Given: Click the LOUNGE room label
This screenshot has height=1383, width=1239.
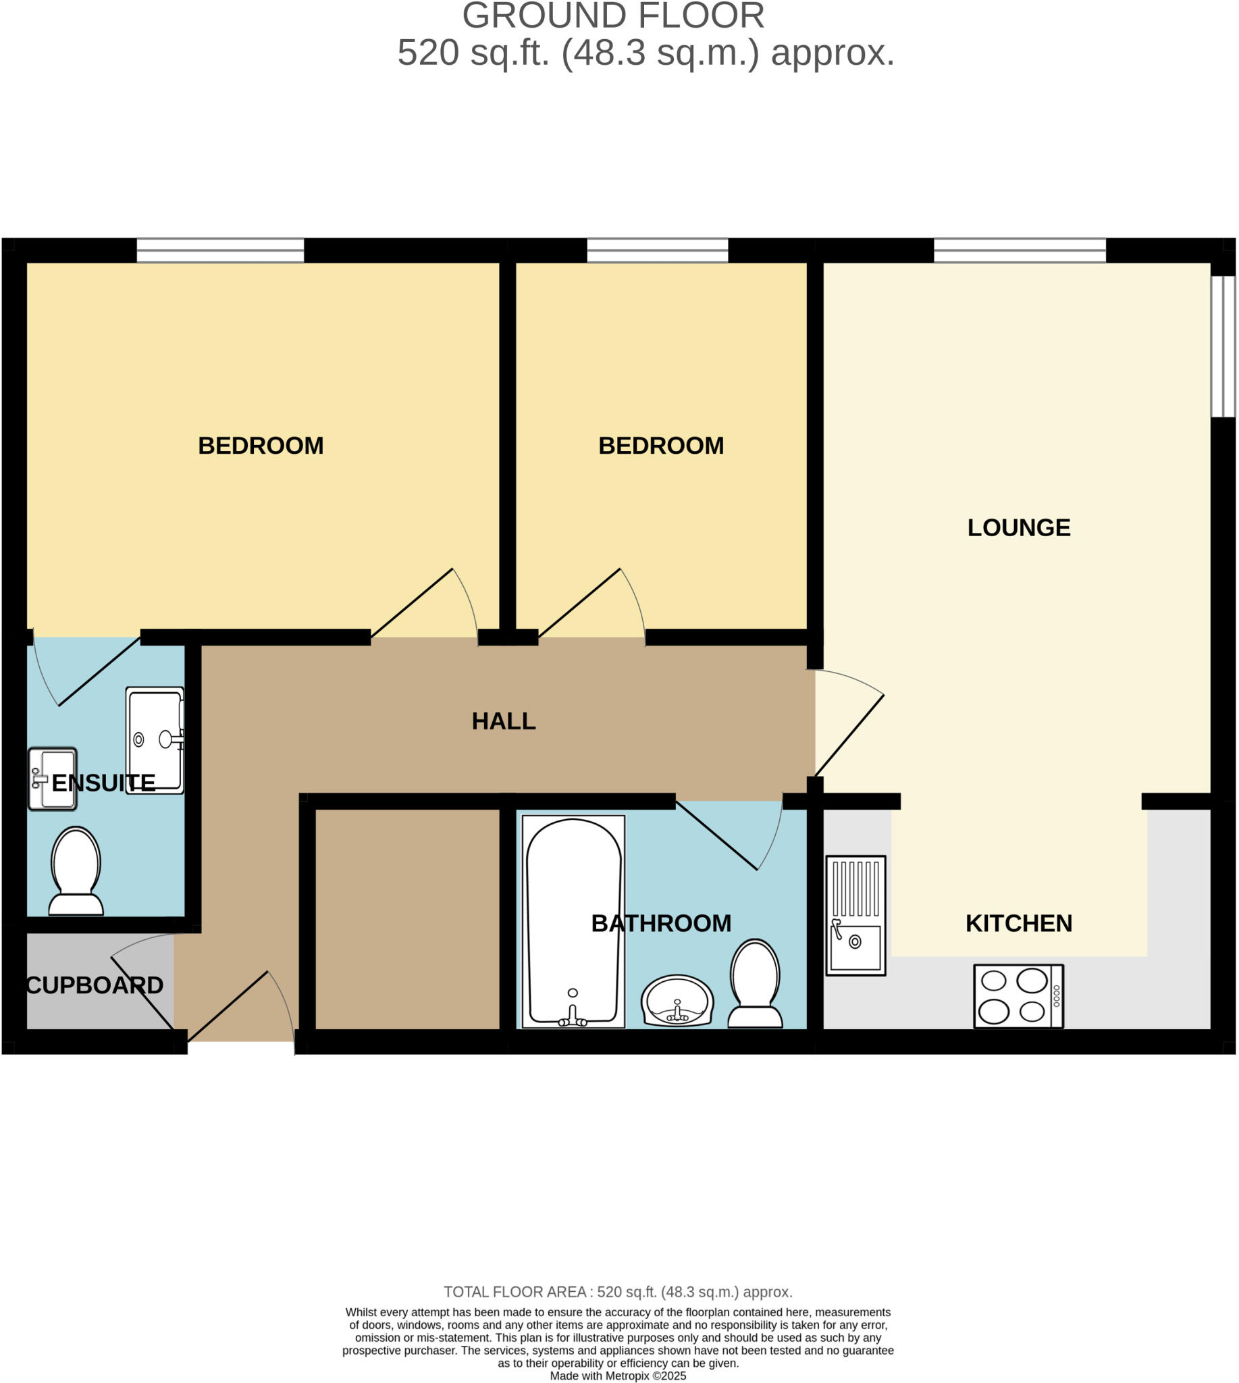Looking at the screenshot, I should point(1018,527).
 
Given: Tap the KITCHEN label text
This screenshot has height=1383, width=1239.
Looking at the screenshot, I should point(1018,923).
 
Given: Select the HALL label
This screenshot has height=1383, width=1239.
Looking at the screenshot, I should point(504,721).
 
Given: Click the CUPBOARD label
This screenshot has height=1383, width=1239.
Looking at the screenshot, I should point(95,985).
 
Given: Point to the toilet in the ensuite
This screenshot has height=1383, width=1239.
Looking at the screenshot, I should point(76,871).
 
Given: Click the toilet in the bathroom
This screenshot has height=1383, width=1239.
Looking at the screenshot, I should point(755,984).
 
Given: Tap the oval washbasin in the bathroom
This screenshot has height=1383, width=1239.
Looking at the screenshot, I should point(677,1000).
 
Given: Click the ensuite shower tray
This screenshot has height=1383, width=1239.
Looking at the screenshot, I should point(155,739).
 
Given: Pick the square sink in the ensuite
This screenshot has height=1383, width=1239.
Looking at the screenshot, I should point(53,779).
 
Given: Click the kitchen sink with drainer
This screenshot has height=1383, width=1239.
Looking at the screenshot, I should point(855,915).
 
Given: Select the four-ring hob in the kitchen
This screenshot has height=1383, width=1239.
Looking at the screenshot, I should point(1018,996).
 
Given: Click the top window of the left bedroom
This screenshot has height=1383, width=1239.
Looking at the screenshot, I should point(220,250).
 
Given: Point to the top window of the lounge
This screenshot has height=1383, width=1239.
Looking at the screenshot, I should point(1019,250).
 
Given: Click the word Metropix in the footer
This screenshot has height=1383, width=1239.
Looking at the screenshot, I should point(627,1376).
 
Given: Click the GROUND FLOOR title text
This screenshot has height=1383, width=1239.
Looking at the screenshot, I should point(612,16).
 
